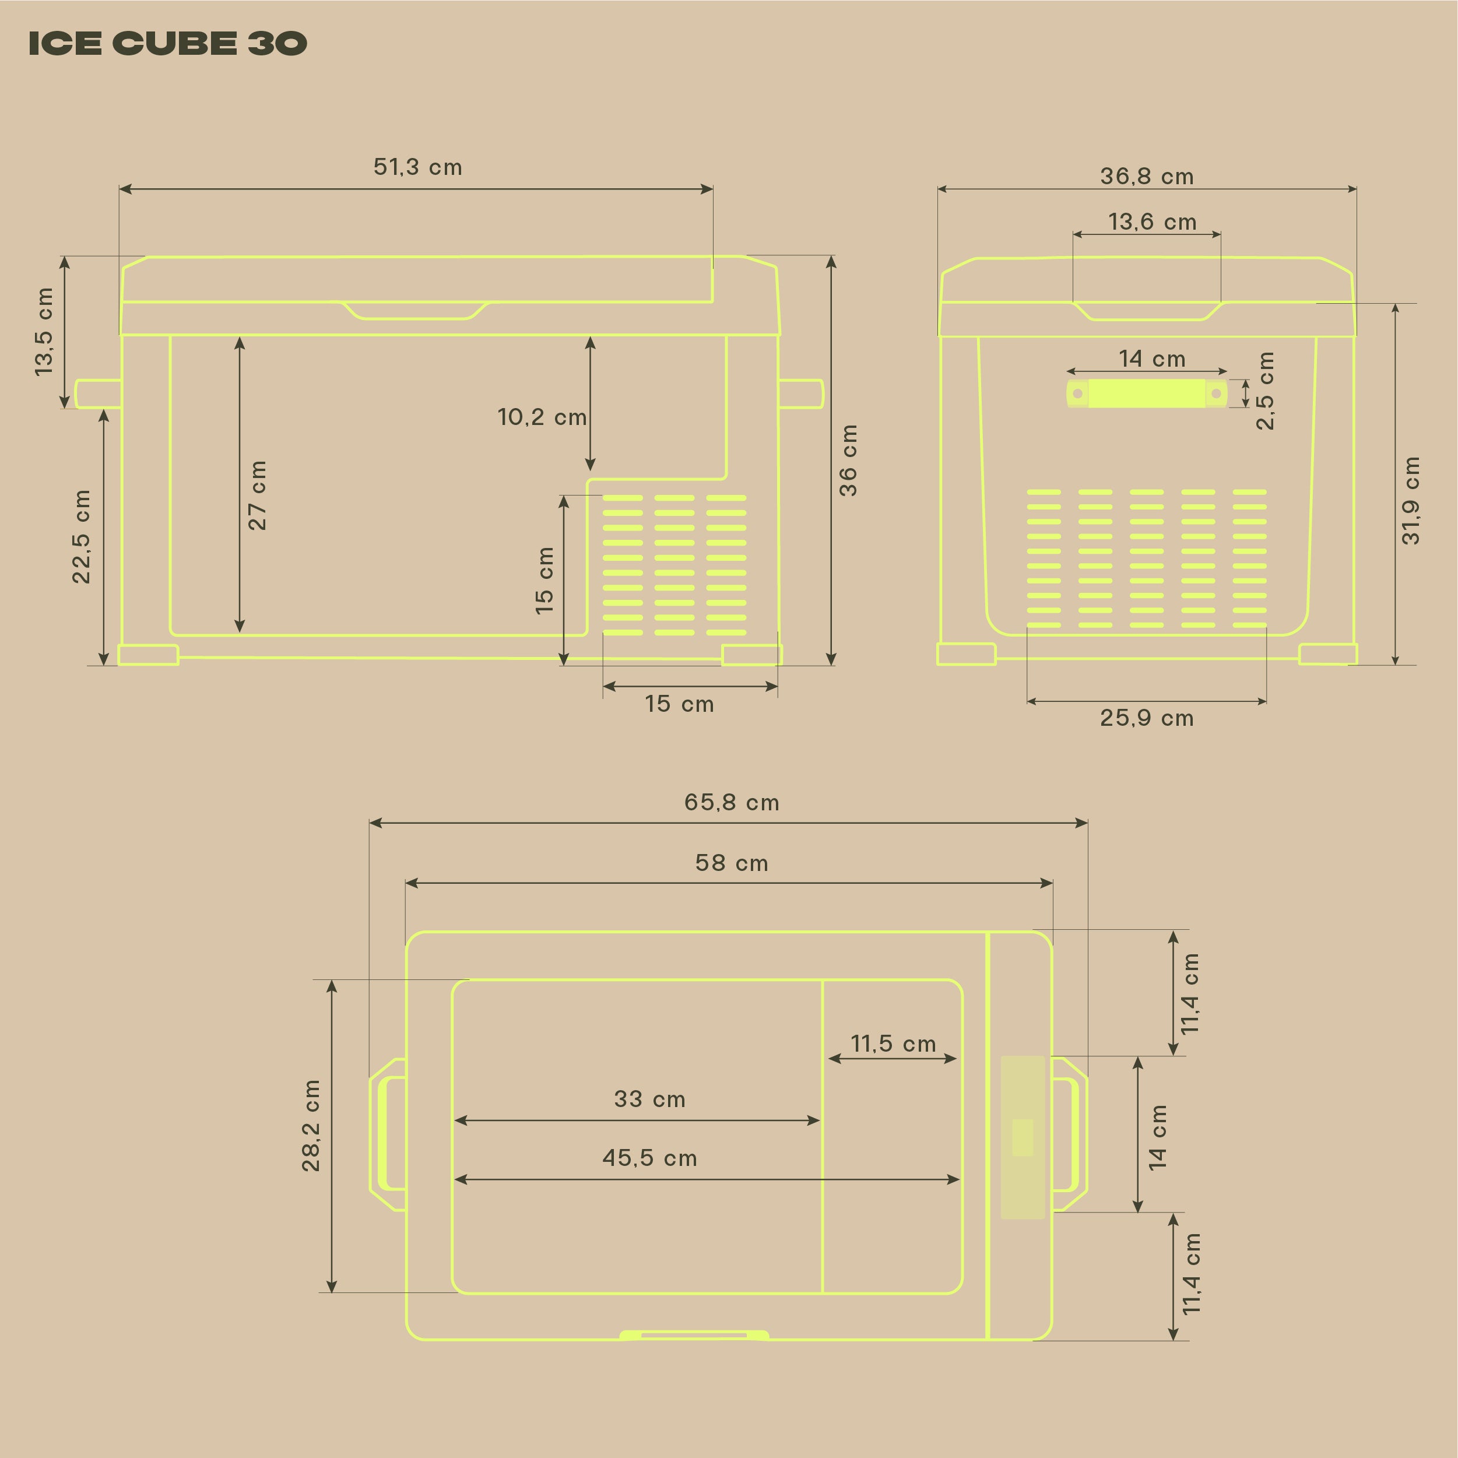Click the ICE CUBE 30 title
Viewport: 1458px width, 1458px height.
(167, 43)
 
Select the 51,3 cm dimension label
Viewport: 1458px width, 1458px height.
(417, 167)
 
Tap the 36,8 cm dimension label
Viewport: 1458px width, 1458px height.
(1146, 177)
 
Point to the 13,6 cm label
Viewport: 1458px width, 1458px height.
(1151, 222)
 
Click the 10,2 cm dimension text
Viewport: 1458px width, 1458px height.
(541, 417)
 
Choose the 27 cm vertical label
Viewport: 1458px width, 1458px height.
(257, 495)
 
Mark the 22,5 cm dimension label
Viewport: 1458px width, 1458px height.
(81, 536)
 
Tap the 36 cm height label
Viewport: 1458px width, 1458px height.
(848, 461)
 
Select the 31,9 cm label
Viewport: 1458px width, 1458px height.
(1410, 500)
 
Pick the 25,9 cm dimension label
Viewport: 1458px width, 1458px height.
(1146, 718)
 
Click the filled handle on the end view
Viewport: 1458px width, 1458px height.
(1146, 393)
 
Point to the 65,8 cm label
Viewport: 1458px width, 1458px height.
(731, 802)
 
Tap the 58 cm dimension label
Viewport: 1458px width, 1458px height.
(731, 863)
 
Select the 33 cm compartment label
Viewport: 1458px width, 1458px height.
(649, 1099)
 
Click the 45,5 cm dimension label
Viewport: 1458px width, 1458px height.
(649, 1158)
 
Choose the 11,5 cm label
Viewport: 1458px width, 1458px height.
(893, 1044)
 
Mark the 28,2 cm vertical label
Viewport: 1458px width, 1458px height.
(311, 1125)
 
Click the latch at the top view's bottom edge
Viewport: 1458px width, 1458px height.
(694, 1336)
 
